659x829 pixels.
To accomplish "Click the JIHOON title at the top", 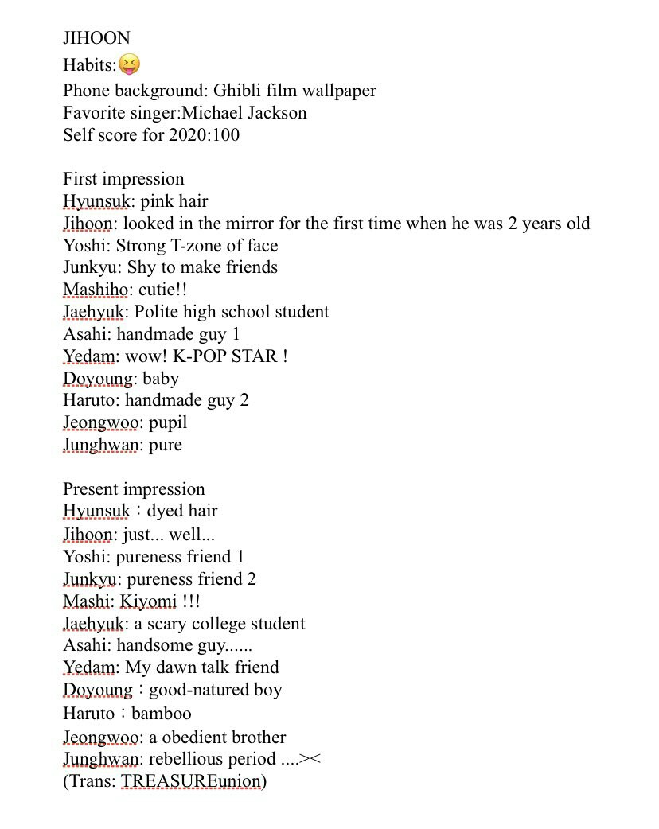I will pos(96,38).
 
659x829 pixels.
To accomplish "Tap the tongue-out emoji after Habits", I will pos(129,64).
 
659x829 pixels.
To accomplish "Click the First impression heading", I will pos(123,179).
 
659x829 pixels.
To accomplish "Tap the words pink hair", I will pos(174,201).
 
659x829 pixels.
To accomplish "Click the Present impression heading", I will pos(134,489).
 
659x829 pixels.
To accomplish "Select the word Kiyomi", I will pos(148,601).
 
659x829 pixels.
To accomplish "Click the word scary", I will pos(167,624).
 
